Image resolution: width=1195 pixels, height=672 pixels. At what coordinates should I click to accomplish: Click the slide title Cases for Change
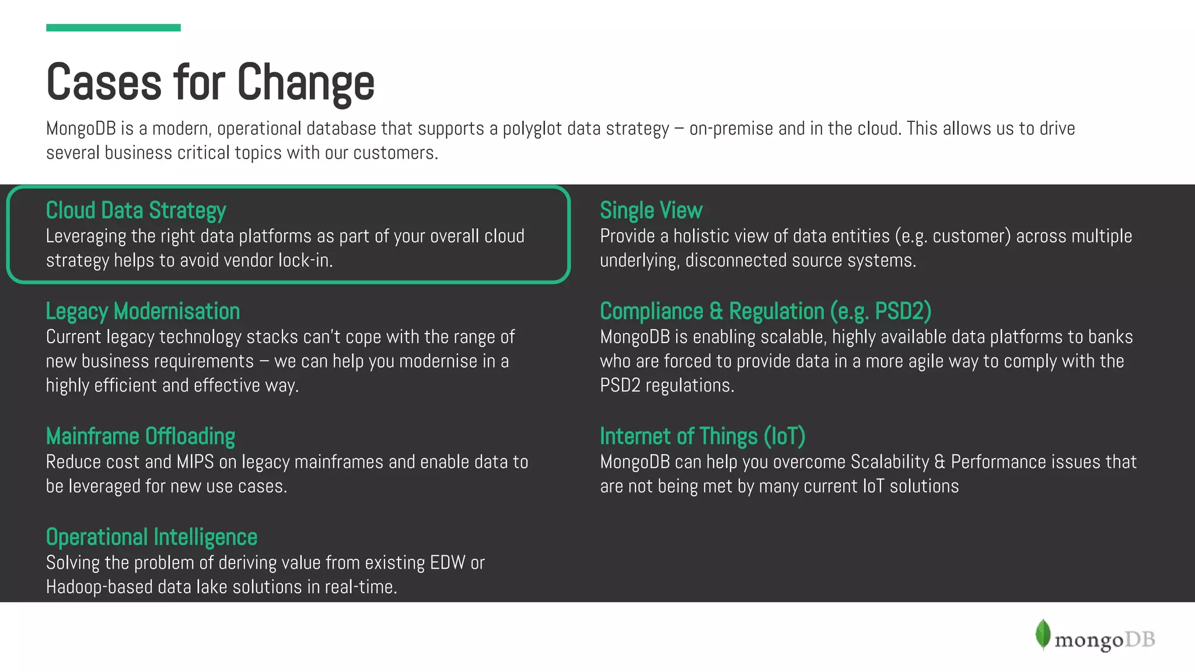tap(210, 82)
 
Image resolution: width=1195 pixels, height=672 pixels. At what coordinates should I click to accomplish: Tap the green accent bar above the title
tap(113, 27)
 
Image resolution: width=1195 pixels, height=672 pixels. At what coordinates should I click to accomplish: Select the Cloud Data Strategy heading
tap(136, 211)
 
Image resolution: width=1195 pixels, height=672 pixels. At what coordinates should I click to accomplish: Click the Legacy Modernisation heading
tap(143, 311)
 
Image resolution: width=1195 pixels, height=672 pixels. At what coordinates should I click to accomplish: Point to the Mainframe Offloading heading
tap(141, 436)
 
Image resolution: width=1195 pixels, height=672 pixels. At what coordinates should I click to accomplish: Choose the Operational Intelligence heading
tap(152, 537)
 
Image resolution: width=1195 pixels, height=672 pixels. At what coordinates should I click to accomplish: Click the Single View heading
tap(651, 211)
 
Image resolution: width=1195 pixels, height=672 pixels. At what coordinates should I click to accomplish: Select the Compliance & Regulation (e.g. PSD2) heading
tap(766, 311)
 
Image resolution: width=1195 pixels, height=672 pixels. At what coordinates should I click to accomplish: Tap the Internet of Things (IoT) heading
tap(703, 436)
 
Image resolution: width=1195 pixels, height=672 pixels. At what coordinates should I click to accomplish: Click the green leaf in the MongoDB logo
tap(1043, 634)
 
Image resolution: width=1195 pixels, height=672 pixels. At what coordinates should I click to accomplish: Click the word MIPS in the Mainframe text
tap(195, 462)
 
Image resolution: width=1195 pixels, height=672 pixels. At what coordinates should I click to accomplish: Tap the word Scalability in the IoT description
tap(890, 462)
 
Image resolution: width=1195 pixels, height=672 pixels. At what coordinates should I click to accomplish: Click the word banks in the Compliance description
tap(1110, 337)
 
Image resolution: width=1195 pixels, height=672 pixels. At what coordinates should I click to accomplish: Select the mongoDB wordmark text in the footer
tap(1105, 640)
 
